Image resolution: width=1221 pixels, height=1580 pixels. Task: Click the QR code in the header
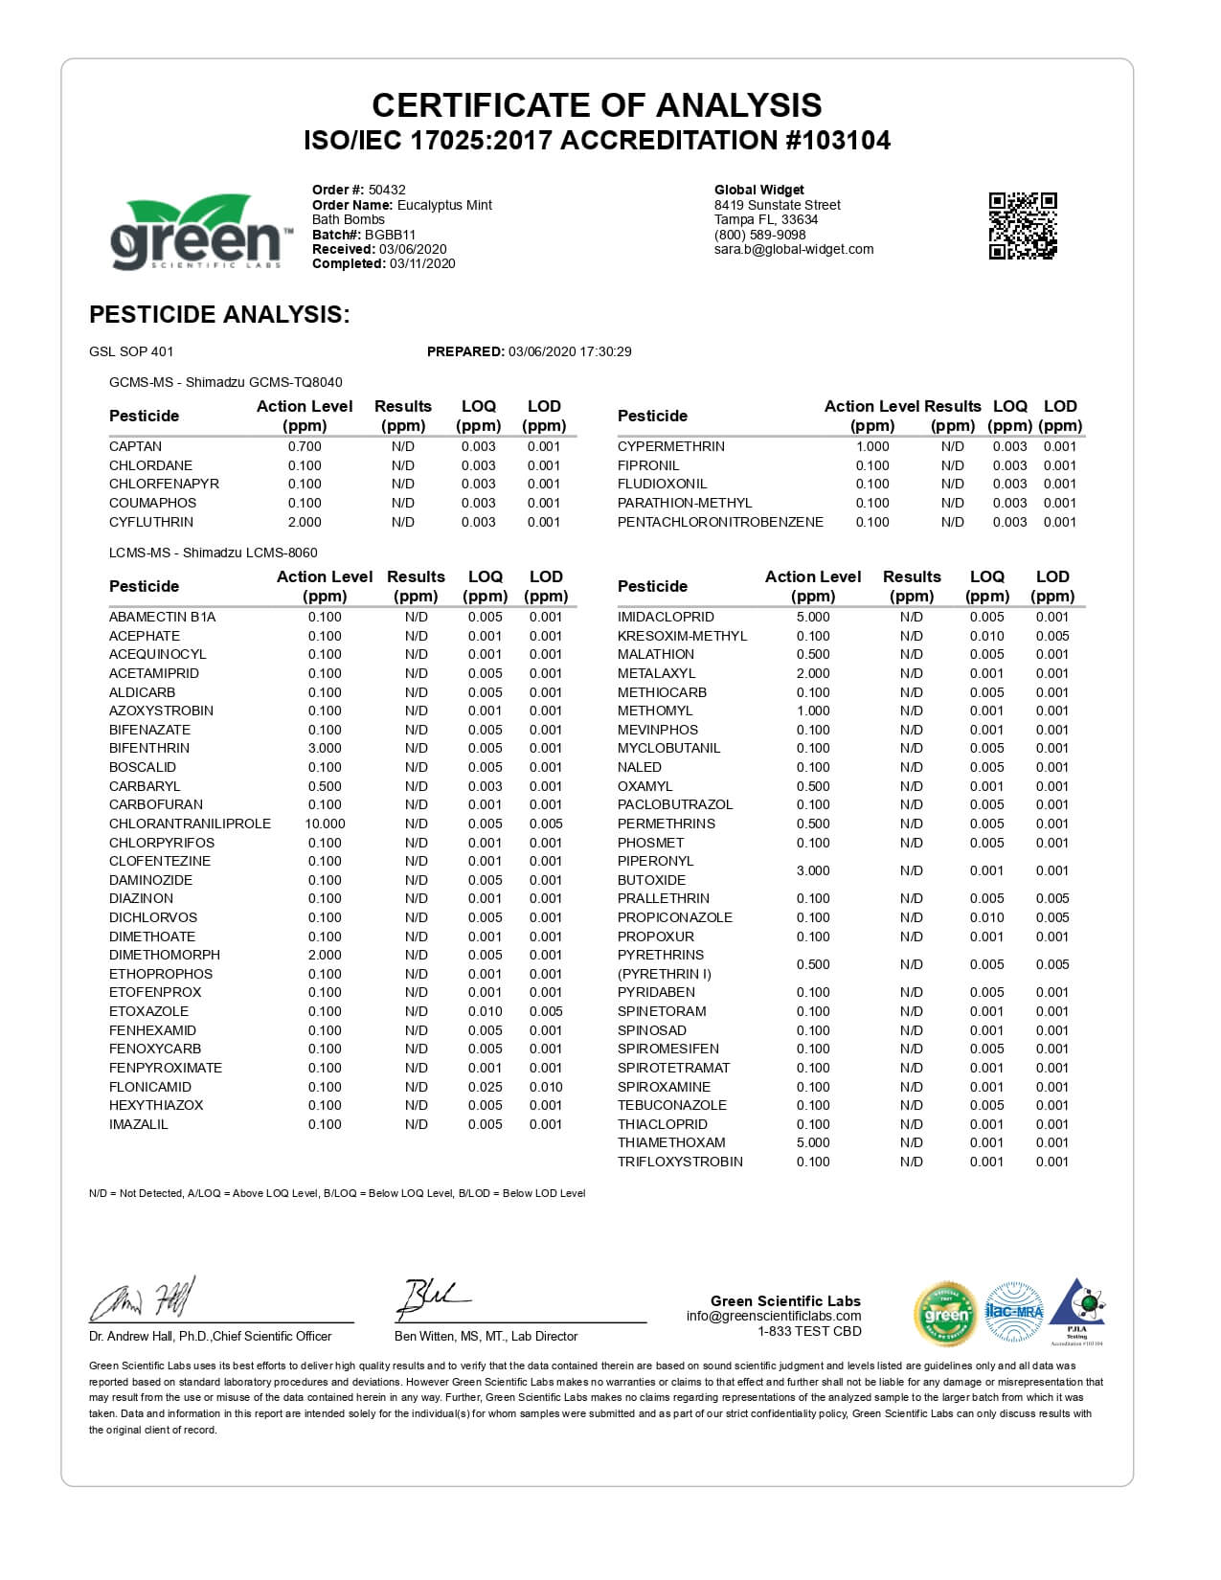click(1022, 226)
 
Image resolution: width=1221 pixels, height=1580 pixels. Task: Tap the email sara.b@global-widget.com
click(794, 249)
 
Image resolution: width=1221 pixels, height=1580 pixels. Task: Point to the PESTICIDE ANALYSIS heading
click(219, 314)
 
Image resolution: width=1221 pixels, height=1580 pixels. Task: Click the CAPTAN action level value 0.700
click(305, 446)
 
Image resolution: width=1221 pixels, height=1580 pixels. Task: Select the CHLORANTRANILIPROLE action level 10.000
click(325, 824)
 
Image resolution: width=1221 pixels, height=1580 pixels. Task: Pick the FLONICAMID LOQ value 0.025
click(485, 1087)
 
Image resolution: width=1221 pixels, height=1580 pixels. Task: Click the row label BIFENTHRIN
click(149, 748)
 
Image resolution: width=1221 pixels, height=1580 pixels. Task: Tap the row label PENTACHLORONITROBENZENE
click(720, 522)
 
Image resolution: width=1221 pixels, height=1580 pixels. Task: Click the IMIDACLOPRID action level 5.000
click(813, 617)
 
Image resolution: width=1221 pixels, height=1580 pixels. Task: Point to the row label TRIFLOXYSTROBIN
click(680, 1162)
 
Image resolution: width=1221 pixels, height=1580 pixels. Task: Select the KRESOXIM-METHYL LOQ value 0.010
click(986, 636)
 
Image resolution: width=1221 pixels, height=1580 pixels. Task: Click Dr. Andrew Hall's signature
click(144, 1300)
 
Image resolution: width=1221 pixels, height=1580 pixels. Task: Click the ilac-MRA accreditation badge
click(1014, 1312)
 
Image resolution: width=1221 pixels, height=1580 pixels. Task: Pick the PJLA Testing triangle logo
click(1077, 1310)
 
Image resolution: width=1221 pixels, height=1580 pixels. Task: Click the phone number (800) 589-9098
click(759, 235)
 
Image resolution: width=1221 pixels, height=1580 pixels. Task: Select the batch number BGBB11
click(390, 235)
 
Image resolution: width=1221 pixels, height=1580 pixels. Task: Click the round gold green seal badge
click(946, 1313)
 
